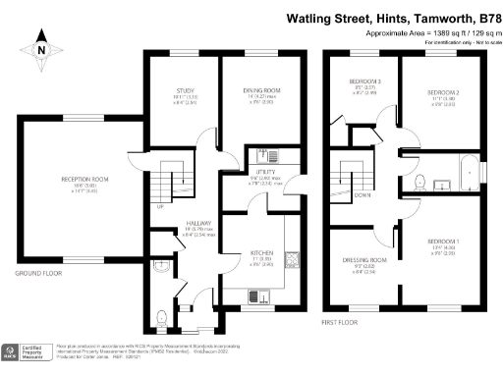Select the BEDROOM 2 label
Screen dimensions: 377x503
(x=445, y=89)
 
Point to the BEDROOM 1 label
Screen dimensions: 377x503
(x=443, y=241)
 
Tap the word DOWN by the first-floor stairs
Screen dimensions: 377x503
(x=363, y=194)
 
